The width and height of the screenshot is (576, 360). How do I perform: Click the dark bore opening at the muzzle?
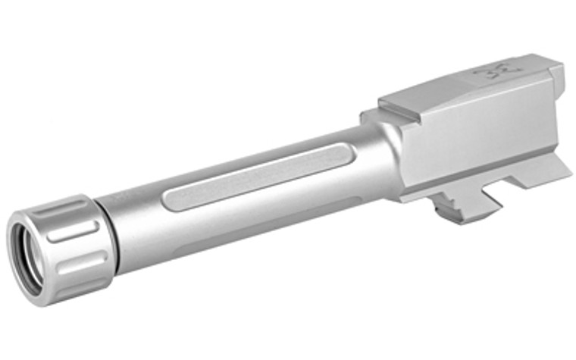coord(30,258)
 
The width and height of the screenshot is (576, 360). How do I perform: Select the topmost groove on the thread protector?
coord(73,208)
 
